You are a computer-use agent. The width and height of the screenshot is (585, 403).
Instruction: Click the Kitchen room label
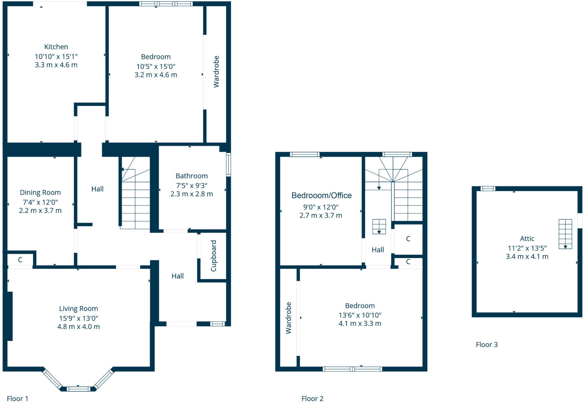click(56, 47)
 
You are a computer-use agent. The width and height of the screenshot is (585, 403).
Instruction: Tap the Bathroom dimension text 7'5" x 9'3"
click(191, 185)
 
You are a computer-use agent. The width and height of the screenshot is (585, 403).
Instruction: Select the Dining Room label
click(40, 193)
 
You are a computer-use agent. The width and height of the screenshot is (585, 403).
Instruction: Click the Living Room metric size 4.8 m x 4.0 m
click(78, 327)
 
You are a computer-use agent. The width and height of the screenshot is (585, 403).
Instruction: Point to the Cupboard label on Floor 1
click(213, 256)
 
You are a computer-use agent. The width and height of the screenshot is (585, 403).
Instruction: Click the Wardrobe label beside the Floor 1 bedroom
click(216, 71)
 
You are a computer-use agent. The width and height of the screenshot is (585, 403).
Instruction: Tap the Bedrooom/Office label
click(321, 196)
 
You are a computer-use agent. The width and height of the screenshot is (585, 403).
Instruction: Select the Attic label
click(527, 238)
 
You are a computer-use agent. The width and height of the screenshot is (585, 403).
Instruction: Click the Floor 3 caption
click(487, 344)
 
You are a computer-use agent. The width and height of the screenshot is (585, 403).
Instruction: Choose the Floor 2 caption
click(312, 399)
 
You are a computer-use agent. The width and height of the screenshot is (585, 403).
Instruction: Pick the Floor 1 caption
click(17, 399)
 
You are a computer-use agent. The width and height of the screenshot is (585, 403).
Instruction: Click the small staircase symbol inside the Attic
click(565, 234)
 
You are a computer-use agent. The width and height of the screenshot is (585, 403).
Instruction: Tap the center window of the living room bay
click(78, 389)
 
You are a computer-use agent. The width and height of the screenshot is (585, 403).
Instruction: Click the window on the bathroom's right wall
click(228, 164)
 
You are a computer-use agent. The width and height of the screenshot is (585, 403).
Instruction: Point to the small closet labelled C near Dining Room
click(20, 260)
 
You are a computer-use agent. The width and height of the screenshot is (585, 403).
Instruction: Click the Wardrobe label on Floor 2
click(289, 318)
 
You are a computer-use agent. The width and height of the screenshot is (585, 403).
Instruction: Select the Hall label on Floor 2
click(377, 250)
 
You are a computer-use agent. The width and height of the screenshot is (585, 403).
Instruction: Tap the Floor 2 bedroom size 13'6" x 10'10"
click(360, 315)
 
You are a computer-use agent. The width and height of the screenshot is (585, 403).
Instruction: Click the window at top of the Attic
click(487, 189)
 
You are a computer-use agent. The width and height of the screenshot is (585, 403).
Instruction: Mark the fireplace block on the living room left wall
click(10, 316)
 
